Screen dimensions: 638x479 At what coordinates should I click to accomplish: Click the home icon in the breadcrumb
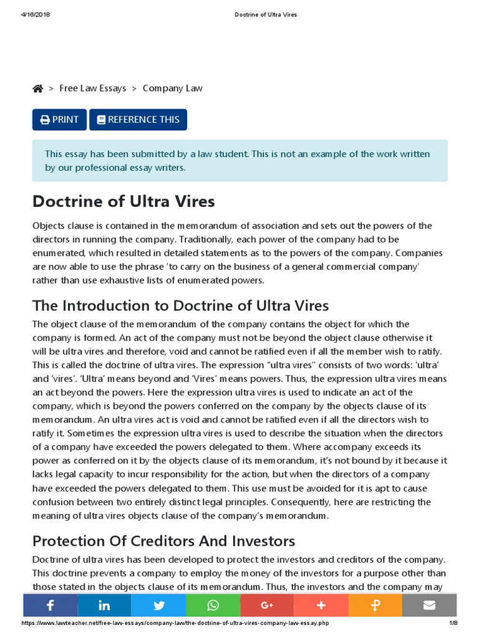[38, 88]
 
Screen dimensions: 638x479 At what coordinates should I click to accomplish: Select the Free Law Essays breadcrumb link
[92, 88]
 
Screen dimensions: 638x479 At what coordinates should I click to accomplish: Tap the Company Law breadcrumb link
[172, 88]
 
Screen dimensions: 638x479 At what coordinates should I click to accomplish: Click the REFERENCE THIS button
[138, 120]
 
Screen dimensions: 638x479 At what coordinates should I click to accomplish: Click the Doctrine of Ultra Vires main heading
[123, 202]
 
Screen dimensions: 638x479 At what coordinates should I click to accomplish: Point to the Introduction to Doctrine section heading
[180, 305]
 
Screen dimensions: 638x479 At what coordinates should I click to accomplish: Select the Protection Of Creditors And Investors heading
[163, 540]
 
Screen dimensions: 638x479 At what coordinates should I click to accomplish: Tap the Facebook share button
[50, 605]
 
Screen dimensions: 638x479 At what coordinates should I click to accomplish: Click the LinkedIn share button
[104, 605]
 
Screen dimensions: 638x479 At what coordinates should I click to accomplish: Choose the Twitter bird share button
[158, 605]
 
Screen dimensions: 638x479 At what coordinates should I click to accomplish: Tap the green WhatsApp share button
[213, 605]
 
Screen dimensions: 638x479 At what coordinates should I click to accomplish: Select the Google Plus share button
[267, 605]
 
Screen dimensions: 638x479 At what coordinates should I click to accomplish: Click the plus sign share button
[321, 605]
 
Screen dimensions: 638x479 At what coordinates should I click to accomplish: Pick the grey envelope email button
[429, 605]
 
